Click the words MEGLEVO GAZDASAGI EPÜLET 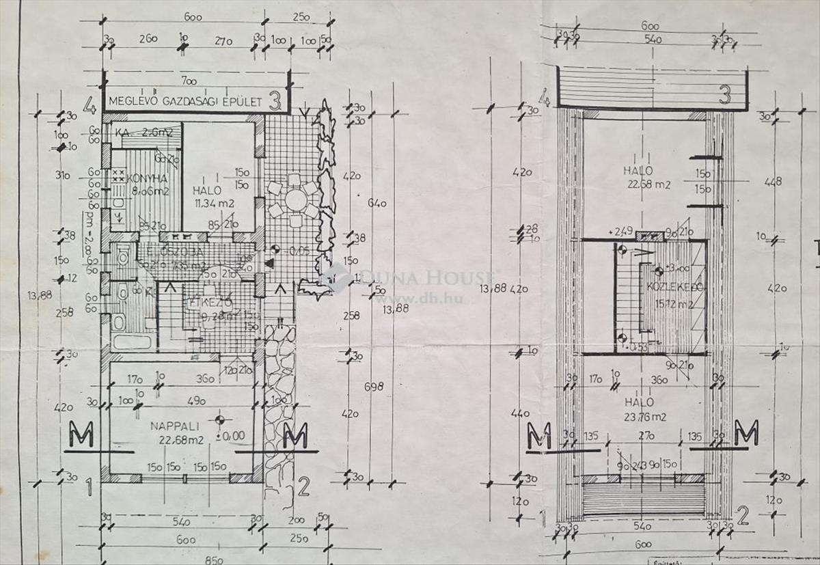coord(184,102)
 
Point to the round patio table coord(296,200)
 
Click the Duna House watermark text coord(424,277)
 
